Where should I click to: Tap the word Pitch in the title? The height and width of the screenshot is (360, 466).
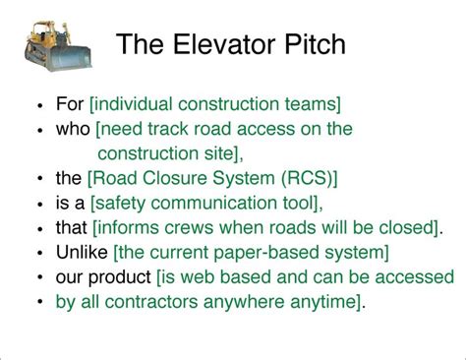pyautogui.click(x=312, y=44)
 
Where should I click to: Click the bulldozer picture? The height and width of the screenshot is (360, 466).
pyautogui.click(x=58, y=43)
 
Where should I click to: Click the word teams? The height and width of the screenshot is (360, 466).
pyautogui.click(x=314, y=103)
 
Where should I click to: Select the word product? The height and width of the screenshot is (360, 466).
pyautogui.click(x=120, y=278)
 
